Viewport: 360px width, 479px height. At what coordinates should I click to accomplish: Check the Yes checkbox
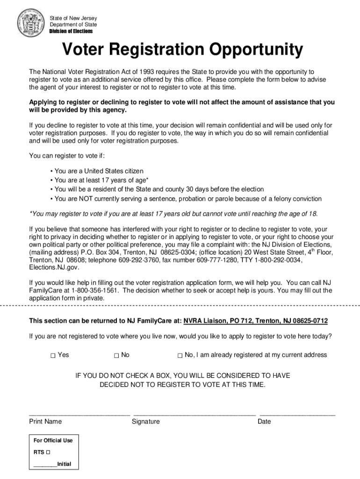[x=53, y=356]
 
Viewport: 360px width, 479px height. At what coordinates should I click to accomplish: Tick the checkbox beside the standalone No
[x=116, y=356]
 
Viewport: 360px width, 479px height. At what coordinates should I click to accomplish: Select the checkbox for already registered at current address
[x=180, y=356]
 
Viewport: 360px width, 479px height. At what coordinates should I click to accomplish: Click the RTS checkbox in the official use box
[x=49, y=453]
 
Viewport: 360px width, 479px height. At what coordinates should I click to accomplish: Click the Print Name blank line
[x=79, y=414]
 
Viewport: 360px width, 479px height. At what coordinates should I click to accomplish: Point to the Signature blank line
[x=194, y=414]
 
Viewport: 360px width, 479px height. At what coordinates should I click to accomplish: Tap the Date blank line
[x=297, y=414]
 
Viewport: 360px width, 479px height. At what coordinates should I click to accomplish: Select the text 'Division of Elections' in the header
[x=71, y=31]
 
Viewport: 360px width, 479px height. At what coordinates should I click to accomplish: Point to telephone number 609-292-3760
[x=140, y=260]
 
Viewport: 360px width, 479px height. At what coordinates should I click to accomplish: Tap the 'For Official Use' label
[x=53, y=440]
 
